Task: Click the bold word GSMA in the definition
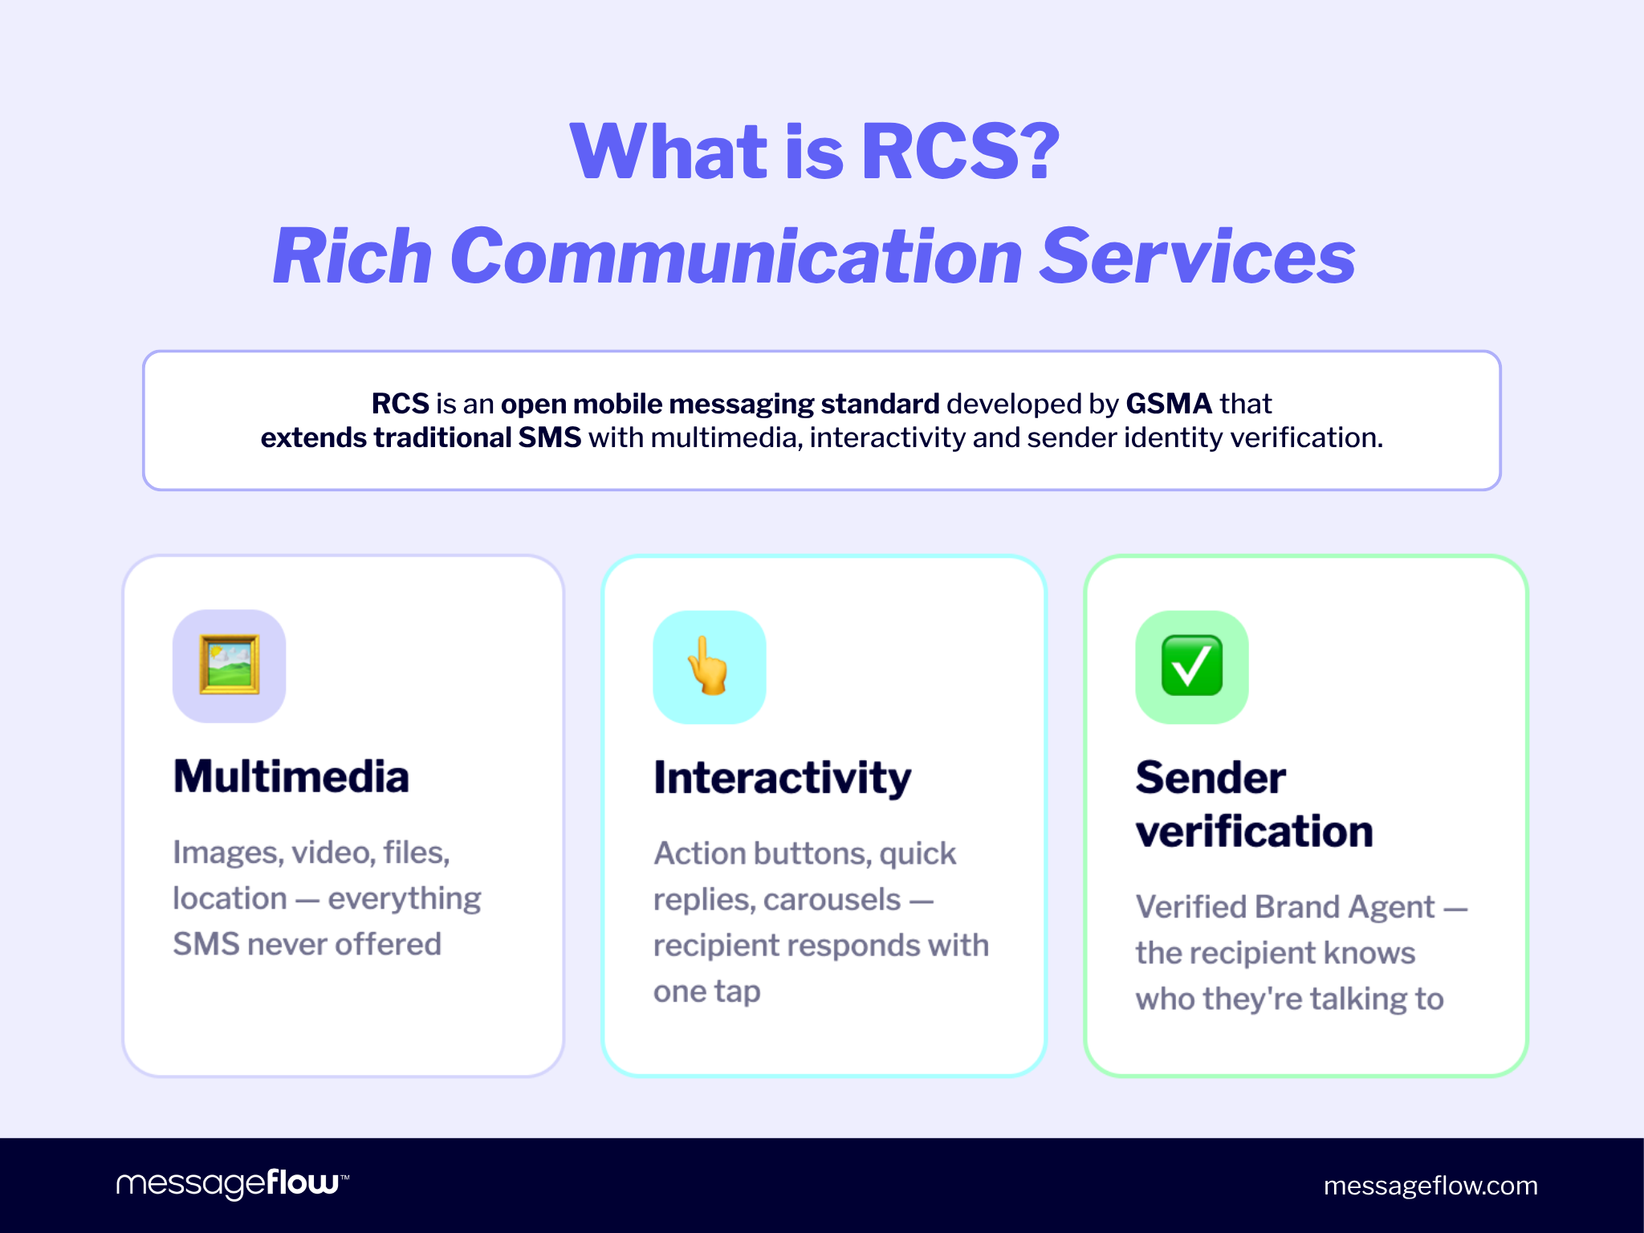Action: [1168, 403]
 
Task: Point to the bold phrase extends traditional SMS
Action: [421, 437]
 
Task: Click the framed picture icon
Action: [230, 665]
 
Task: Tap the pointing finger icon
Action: [709, 666]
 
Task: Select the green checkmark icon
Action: [1192, 666]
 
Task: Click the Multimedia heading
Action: [291, 776]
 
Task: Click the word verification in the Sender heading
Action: [1254, 831]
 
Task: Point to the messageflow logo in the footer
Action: [232, 1183]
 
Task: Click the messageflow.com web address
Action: [1430, 1186]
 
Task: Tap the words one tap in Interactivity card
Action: [706, 991]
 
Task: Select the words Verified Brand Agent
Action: [1284, 907]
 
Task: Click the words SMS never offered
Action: [307, 944]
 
